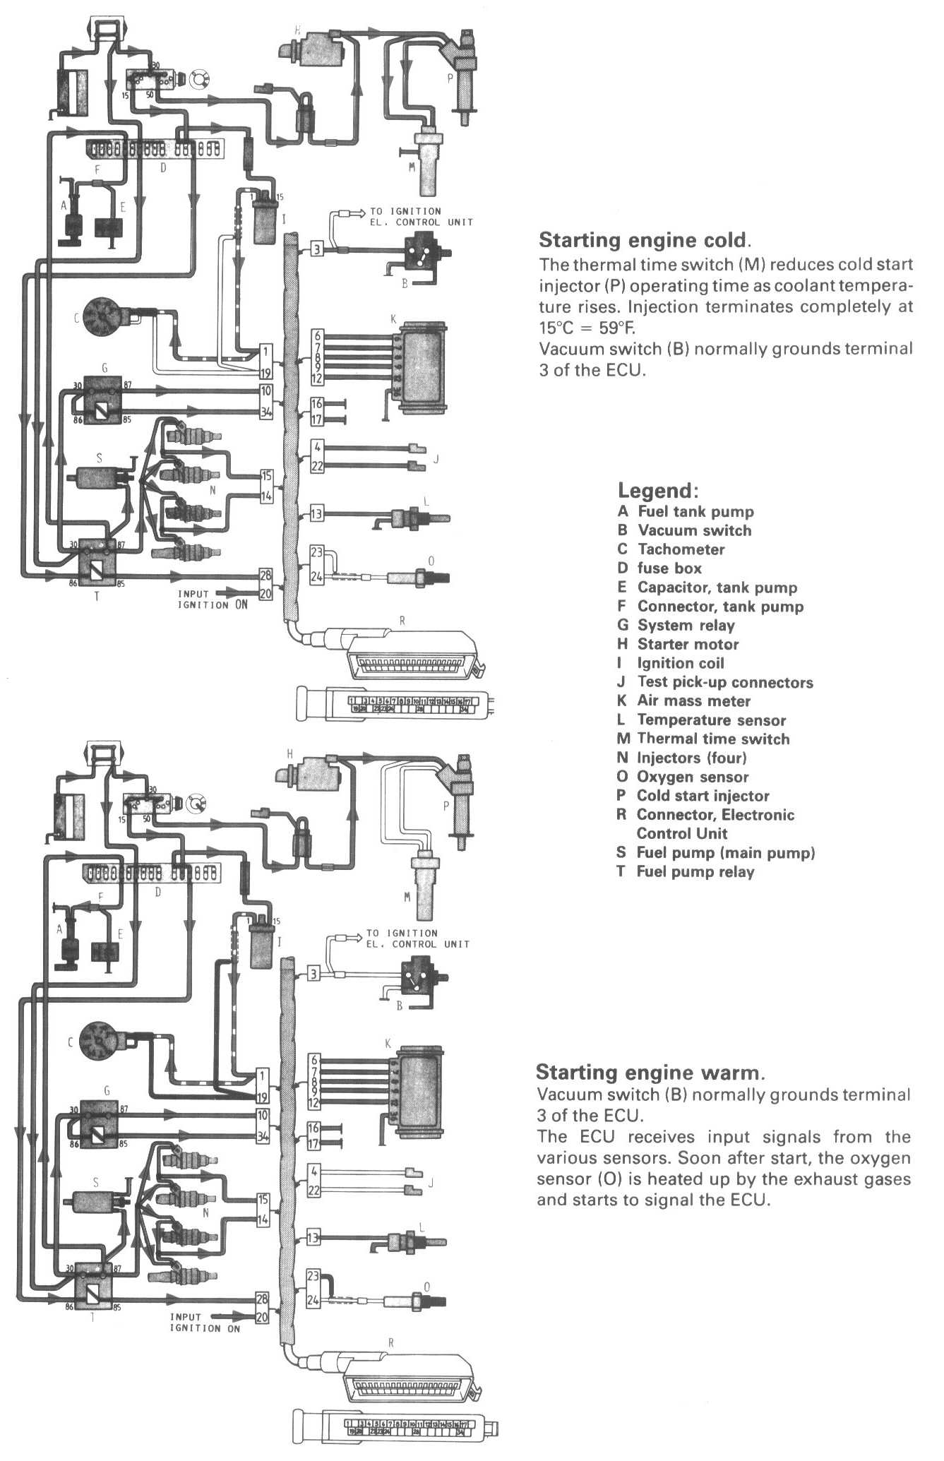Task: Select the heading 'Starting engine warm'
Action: [649, 1073]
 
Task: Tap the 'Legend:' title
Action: [658, 490]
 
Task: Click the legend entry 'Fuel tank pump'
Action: [695, 512]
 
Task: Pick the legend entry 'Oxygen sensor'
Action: [692, 777]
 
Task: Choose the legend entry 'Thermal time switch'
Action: [713, 739]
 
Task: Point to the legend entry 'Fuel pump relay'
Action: [695, 871]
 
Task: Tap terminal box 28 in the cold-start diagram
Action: [265, 575]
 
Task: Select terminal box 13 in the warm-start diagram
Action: [313, 1237]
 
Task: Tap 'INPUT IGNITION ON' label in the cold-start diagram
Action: [203, 600]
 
